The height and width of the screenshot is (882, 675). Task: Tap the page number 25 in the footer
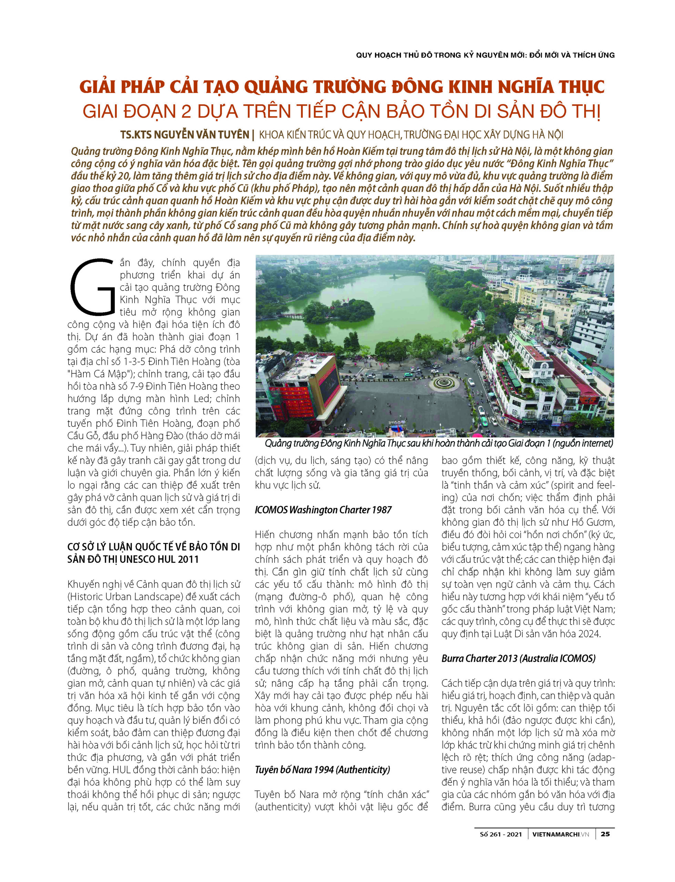[605, 834]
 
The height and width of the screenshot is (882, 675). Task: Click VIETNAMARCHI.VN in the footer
[561, 834]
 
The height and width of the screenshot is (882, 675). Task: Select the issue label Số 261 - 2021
[501, 834]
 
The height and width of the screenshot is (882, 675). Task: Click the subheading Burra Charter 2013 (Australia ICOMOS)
[518, 658]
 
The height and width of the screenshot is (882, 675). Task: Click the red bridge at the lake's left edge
[293, 316]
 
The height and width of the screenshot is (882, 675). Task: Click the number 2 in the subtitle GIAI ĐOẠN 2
[186, 112]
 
